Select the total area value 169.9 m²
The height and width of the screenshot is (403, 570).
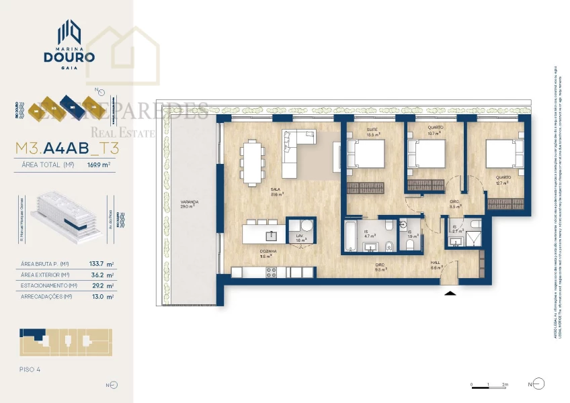coord(98,163)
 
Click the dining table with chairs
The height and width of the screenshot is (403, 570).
coord(252,162)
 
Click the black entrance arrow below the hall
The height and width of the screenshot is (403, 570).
coord(450,292)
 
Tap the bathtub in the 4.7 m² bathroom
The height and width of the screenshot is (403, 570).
coord(350,236)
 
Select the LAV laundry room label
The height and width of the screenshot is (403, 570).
coord(301,237)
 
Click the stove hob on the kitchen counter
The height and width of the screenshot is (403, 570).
coord(272,272)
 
